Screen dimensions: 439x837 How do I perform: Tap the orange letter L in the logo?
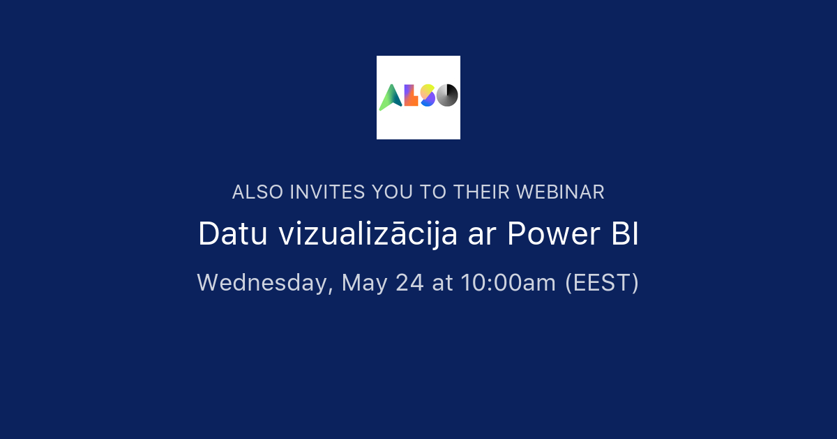[x=411, y=96]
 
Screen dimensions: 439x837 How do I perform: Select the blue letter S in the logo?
[x=428, y=96]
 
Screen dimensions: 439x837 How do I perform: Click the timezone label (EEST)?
[x=601, y=282]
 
